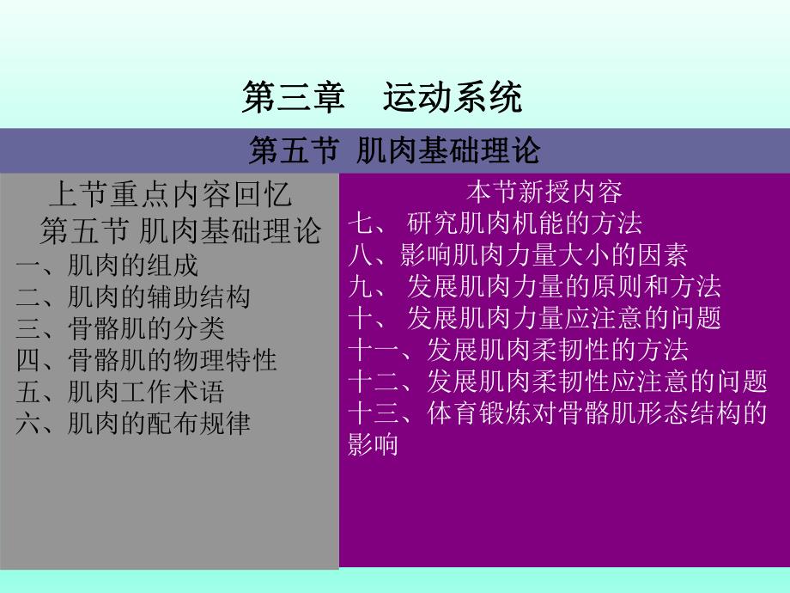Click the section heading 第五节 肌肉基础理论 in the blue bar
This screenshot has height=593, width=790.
394,151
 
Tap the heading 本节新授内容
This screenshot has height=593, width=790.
544,191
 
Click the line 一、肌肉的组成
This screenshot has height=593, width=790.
107,265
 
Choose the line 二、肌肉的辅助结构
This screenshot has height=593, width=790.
133,296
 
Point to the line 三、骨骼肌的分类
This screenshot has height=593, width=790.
120,327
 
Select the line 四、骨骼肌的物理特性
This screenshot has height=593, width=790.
146,359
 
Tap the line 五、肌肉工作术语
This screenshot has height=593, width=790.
120,391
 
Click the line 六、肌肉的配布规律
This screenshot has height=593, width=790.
133,423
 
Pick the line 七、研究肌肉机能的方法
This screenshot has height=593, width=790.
495,223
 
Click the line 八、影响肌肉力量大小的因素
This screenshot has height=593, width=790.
518,254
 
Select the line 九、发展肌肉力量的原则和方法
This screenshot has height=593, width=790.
534,285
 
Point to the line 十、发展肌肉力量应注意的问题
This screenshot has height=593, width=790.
534,317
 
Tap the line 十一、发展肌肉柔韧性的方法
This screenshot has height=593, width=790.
518,349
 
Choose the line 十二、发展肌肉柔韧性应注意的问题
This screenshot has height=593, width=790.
557,381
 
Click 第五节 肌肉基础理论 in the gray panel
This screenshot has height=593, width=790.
180,229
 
